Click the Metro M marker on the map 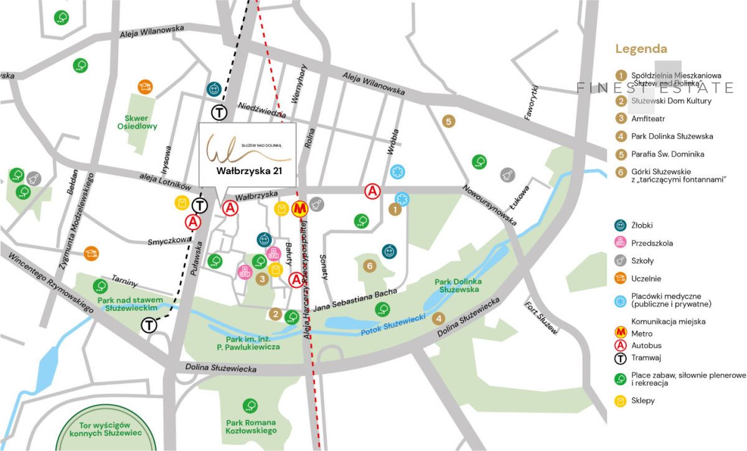299,208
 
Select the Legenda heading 641,49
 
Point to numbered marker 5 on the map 448,121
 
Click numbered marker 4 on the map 439,318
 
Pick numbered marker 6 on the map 370,266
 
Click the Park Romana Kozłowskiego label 251,427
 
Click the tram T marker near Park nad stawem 149,324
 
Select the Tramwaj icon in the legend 620,358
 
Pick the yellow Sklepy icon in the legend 620,401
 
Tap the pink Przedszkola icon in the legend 620,243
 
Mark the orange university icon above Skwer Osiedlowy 144,86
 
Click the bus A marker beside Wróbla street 372,190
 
